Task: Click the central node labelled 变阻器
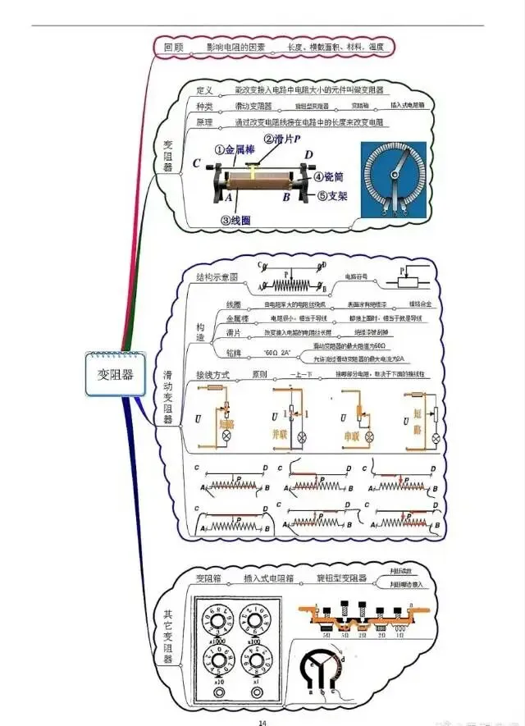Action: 115,376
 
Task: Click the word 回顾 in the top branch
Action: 174,48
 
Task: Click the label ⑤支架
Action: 332,196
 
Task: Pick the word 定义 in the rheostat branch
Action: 205,89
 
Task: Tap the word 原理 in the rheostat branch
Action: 205,122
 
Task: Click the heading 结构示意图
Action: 217,276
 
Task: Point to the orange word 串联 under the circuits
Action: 351,436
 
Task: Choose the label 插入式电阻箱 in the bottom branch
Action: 265,578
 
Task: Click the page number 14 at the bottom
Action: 263,722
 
